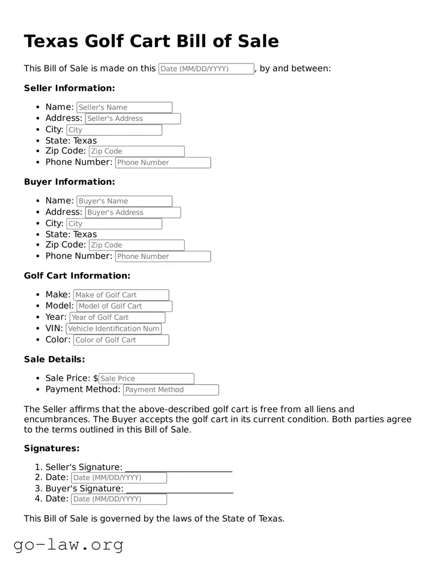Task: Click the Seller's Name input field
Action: (124, 107)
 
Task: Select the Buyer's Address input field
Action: (133, 213)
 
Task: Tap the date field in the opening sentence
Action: (206, 69)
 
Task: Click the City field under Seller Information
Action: (114, 130)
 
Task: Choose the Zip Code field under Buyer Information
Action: (136, 245)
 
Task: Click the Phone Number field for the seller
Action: (163, 163)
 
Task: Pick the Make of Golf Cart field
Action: (121, 295)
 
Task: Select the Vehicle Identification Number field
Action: (114, 329)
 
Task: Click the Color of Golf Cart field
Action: (121, 340)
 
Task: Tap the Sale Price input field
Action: (146, 379)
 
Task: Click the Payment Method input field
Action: (171, 390)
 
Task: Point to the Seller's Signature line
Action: (179, 468)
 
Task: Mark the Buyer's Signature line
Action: (180, 490)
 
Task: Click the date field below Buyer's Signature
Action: (119, 499)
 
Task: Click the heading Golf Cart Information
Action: (77, 276)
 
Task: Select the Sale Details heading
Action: (54, 360)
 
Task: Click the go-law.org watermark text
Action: (68, 544)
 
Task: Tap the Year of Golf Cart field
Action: (117, 317)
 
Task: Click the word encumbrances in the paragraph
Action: (55, 419)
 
